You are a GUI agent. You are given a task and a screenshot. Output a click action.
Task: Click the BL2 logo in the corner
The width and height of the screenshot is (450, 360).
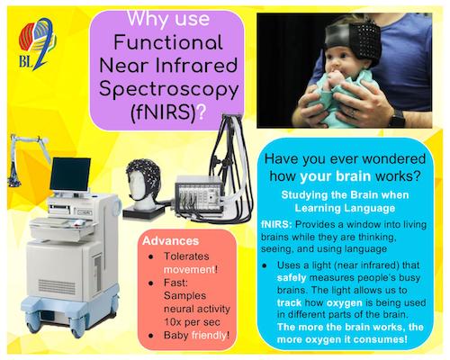tap(37, 44)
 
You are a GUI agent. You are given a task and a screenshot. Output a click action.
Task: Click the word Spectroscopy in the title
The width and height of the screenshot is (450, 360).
tap(168, 90)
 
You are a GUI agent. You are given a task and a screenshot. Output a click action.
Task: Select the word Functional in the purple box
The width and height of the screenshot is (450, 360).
tap(168, 42)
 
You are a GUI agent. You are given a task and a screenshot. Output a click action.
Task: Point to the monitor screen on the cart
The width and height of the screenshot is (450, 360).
tap(70, 174)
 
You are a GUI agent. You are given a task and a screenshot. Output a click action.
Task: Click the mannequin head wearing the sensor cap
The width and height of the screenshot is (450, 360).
tap(143, 184)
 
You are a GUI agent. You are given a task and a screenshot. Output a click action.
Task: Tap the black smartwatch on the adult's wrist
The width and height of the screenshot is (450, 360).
tap(397, 117)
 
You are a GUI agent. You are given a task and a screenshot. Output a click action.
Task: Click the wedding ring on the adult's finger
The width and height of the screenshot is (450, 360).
tap(353, 112)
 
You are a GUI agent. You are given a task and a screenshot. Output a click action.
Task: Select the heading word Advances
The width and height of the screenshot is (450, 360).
tap(171, 241)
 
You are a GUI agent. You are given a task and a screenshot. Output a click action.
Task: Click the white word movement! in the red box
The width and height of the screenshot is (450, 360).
tap(191, 269)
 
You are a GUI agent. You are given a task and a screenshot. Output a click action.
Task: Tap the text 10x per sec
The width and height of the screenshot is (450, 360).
tap(192, 322)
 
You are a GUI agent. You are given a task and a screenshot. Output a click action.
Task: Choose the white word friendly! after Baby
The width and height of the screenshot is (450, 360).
tap(211, 335)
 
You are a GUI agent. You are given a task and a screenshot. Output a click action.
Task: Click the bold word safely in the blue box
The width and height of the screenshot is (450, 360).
tap(292, 278)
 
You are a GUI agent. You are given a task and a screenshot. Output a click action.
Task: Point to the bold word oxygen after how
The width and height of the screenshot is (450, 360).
tap(345, 302)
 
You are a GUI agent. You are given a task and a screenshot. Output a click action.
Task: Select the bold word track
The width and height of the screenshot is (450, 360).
tap(289, 302)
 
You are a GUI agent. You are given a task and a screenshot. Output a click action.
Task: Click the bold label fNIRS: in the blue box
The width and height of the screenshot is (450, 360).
tap(276, 224)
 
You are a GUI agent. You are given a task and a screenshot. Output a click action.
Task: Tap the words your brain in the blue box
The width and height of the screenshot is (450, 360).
tap(336, 176)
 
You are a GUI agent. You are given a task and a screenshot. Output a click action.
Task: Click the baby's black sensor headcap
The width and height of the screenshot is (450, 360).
tap(354, 40)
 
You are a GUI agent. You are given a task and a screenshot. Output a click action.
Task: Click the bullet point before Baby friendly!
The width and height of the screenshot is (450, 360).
tap(151, 336)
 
